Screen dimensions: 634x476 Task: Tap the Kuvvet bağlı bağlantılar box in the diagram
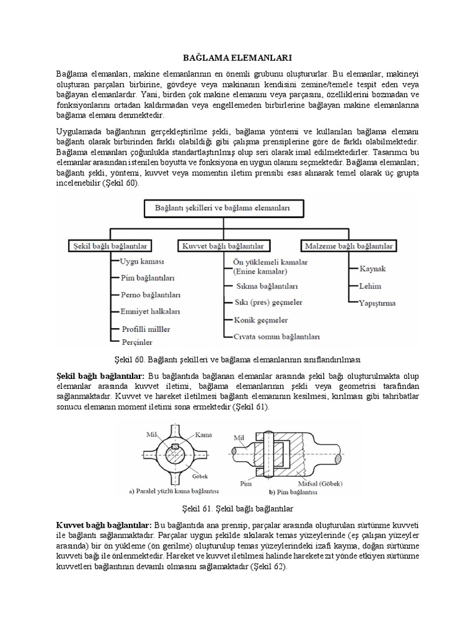point(225,246)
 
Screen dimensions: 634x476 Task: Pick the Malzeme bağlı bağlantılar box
point(349,246)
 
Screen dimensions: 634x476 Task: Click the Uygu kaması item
point(142,262)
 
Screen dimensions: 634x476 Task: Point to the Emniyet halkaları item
point(151,311)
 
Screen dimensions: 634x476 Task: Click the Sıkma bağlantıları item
point(267,287)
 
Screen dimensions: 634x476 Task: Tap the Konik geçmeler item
point(260,320)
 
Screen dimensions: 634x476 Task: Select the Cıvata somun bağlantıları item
point(276,337)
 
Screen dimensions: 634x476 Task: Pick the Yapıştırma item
point(377,303)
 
